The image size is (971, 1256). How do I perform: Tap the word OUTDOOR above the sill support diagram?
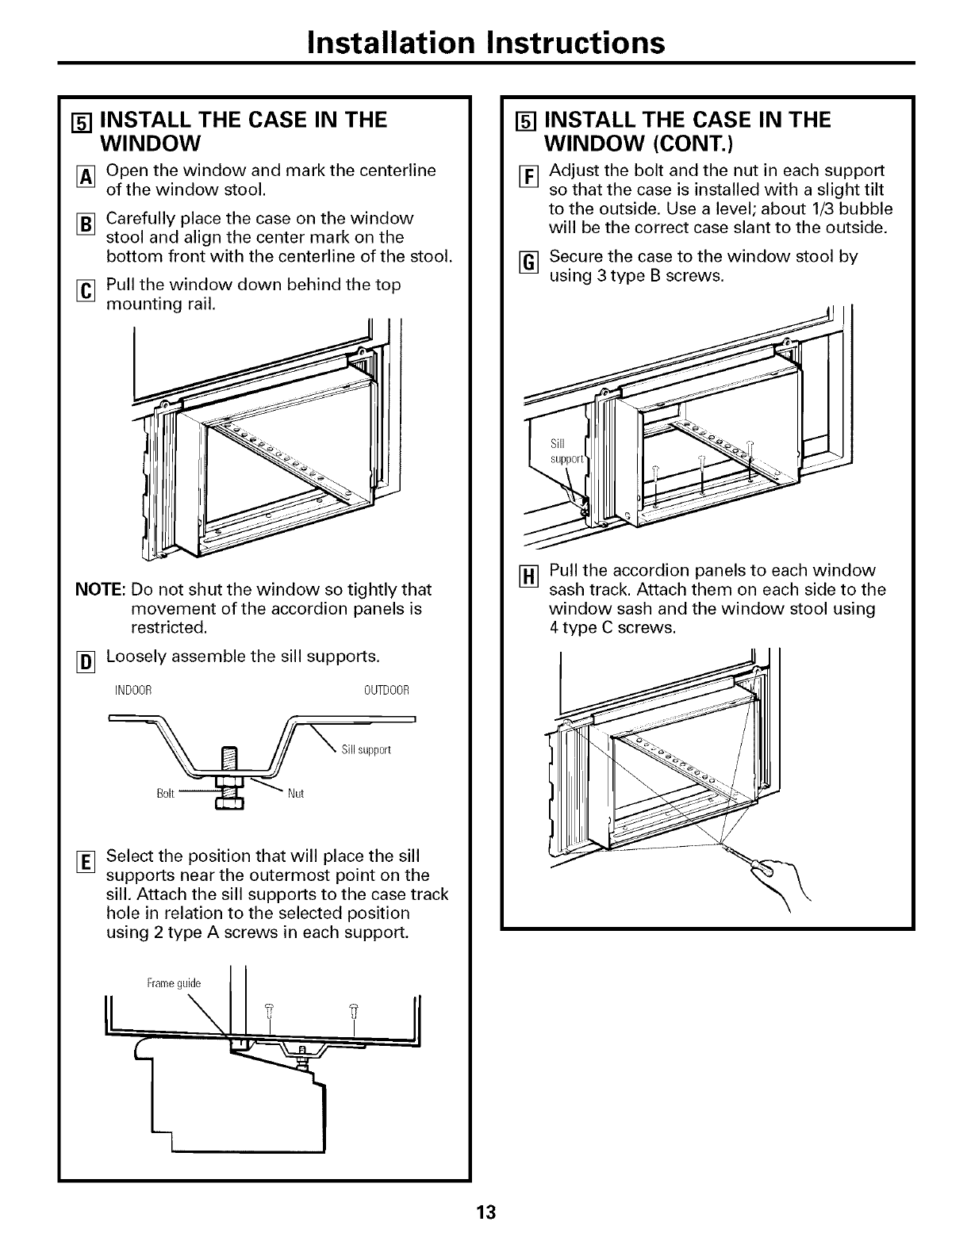(386, 690)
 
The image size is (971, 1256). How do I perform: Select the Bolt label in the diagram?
(166, 794)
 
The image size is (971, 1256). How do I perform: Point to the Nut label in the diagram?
(297, 793)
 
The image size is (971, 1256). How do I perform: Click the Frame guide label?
(175, 983)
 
